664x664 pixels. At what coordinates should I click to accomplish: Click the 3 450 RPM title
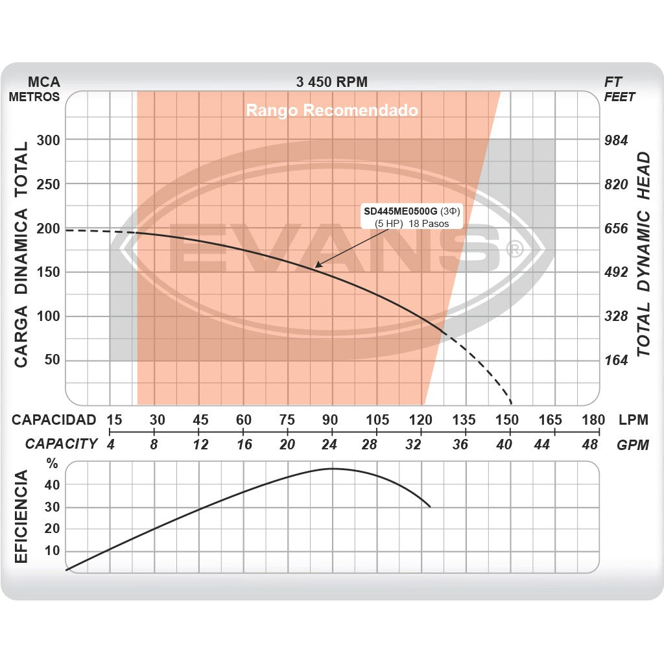pos(331,82)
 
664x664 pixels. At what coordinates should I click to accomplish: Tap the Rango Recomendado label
pos(331,110)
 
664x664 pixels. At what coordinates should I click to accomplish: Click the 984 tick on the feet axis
pos(616,140)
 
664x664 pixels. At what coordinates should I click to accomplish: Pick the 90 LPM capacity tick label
pos(331,420)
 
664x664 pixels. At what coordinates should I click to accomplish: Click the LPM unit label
pos(633,420)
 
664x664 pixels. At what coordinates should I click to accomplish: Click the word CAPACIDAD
pos(54,420)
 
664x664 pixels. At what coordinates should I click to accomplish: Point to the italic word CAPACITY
pos(61,444)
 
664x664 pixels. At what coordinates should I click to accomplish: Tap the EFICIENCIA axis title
pos(21,517)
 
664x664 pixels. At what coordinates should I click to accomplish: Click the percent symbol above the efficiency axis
pos(52,464)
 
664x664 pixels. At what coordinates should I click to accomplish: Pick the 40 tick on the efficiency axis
pos(52,484)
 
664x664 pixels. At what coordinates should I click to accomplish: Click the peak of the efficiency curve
pos(332,468)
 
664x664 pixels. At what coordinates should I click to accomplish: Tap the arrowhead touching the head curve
pos(317,266)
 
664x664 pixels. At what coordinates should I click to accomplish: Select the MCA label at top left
pos(44,82)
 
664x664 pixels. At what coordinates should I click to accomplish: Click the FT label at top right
pos(613,82)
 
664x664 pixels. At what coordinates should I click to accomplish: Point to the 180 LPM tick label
pos(593,420)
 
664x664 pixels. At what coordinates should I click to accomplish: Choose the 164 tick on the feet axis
pos(616,361)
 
